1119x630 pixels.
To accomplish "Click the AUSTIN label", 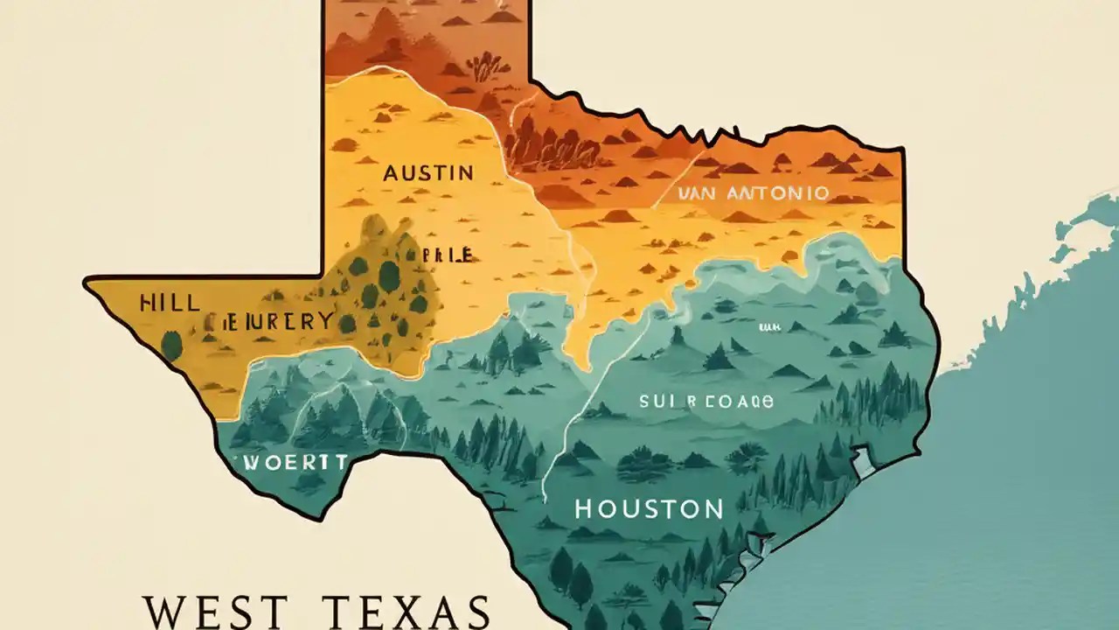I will [428, 172].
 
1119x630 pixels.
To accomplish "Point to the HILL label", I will [170, 304].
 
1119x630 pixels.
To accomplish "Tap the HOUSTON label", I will [649, 508].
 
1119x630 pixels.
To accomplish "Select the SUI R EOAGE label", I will [706, 402].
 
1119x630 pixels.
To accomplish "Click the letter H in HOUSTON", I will [585, 508].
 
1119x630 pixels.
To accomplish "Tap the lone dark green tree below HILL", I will [172, 346].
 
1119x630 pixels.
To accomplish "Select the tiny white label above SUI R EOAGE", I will [769, 327].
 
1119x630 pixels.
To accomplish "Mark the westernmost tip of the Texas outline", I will [86, 282].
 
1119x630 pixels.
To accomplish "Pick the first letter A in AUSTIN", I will [393, 172].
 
